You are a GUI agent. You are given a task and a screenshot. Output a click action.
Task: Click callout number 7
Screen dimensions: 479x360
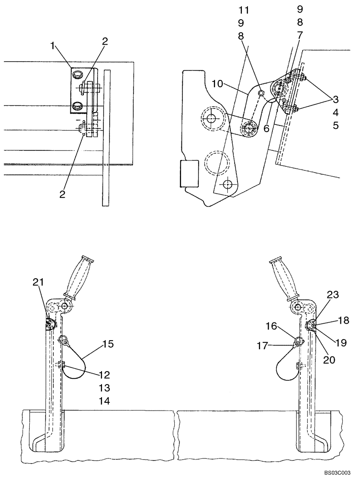300,35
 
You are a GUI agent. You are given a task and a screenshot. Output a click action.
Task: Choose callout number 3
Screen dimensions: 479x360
336,100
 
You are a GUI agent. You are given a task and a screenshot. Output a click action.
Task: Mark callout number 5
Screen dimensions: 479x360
336,126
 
